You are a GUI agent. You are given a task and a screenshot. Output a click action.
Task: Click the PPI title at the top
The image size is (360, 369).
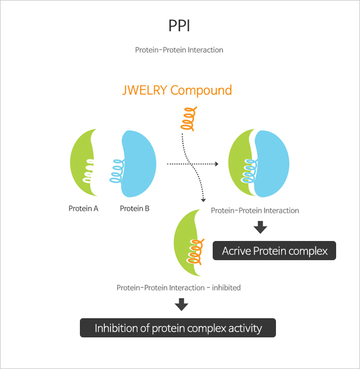[179, 25]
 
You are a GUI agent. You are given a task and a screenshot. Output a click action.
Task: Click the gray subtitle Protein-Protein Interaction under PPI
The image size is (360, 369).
[179, 50]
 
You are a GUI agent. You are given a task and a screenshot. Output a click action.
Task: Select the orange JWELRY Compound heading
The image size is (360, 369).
[177, 90]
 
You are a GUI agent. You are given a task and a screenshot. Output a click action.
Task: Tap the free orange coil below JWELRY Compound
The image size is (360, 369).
[189, 119]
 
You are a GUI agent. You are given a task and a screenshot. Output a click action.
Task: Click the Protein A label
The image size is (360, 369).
[83, 208]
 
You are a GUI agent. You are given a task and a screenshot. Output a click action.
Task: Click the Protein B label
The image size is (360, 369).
[134, 208]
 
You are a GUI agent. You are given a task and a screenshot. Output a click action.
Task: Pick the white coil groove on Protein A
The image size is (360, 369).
[88, 171]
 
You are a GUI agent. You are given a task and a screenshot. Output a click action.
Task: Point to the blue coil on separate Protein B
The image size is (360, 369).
[117, 171]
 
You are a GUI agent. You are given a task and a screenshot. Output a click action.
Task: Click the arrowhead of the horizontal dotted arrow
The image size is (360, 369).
[217, 164]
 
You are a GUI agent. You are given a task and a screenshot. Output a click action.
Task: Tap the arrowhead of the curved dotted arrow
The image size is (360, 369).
[203, 200]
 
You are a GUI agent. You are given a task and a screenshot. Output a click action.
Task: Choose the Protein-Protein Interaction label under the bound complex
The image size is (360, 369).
[255, 210]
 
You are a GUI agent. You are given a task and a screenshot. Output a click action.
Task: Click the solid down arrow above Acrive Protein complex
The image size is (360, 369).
[260, 228]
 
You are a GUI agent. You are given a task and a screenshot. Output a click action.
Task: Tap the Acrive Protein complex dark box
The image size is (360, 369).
[274, 251]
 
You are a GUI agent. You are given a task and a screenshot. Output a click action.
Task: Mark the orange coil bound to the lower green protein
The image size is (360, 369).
[196, 252]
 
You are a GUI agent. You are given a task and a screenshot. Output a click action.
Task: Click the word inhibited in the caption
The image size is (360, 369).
[226, 288]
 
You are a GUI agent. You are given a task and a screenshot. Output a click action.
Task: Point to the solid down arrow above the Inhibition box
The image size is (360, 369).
[182, 305]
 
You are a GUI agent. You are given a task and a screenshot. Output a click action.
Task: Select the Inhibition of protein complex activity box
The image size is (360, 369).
[178, 328]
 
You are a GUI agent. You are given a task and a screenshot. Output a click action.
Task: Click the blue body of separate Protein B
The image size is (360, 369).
[139, 164]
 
